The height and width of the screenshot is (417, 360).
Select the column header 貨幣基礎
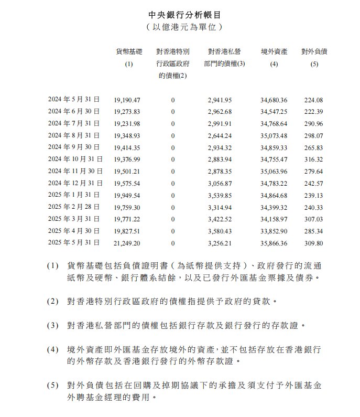coord(129,52)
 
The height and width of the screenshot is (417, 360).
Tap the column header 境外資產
coord(274,52)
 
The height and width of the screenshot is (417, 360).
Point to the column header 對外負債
coord(314,52)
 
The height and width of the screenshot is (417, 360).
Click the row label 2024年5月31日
coord(75,99)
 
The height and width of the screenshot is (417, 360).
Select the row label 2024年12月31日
coord(75,184)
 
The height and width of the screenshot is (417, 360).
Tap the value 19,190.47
coord(126,99)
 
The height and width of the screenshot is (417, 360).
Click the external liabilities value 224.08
coord(314,99)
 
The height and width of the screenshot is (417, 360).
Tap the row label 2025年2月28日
coord(75,208)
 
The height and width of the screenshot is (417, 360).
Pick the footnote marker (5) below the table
coord(53,386)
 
